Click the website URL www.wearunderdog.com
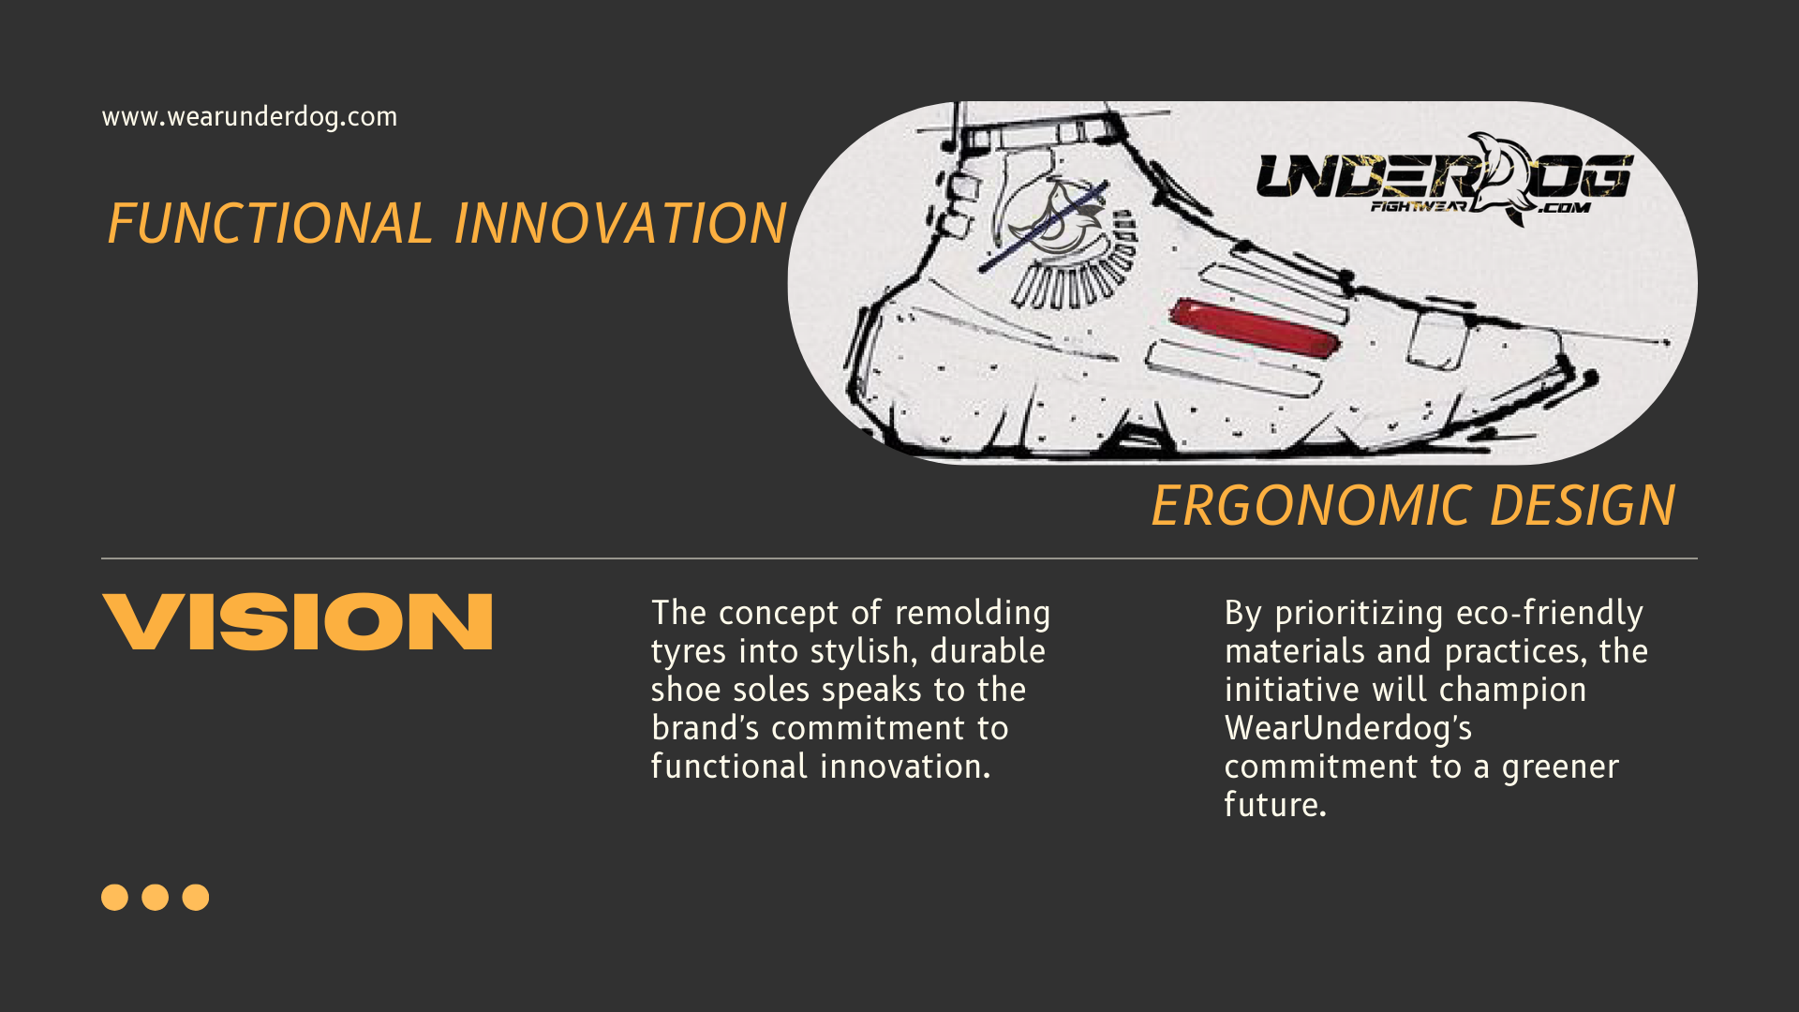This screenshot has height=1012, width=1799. (x=249, y=117)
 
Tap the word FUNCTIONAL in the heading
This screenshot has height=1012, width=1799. (x=270, y=223)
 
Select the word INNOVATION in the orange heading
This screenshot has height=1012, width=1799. (x=620, y=223)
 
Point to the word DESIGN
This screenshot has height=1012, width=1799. (x=1583, y=506)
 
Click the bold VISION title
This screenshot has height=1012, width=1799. (x=297, y=621)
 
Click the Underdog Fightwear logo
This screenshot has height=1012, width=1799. (x=1444, y=179)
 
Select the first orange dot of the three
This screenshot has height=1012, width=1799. (x=114, y=897)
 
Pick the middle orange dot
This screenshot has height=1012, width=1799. (x=156, y=897)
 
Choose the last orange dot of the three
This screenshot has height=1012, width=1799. (x=196, y=897)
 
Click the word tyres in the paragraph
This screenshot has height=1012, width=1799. (x=689, y=652)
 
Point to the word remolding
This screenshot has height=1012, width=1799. (x=973, y=614)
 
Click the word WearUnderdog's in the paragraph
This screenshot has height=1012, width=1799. (x=1348, y=728)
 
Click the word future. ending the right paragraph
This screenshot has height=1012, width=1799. (x=1275, y=805)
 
